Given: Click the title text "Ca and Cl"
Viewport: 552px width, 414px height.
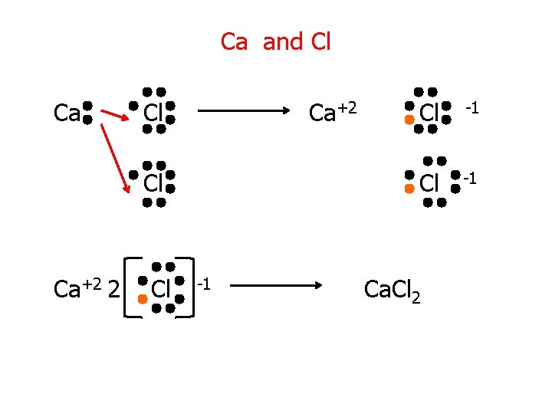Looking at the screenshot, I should point(275,41).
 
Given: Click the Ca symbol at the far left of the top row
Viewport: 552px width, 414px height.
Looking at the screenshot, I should point(67,113).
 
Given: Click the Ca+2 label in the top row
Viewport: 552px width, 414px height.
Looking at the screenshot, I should point(332,113).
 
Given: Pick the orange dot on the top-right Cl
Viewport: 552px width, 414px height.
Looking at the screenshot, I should point(409,120).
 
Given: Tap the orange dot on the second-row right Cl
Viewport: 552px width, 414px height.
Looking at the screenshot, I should point(409,188).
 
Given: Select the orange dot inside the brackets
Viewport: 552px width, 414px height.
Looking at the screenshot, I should point(142,299).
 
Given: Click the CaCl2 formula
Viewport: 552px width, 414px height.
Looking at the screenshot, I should point(392,290).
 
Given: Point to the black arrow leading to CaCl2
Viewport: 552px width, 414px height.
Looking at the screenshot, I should point(278,286).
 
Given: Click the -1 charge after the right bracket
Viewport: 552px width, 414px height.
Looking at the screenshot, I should point(203,284).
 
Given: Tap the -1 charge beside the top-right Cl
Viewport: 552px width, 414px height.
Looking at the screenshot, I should point(472,108).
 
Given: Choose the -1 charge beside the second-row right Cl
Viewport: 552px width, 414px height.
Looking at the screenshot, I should point(470,179).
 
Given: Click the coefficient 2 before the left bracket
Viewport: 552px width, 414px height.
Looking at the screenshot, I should point(113,290).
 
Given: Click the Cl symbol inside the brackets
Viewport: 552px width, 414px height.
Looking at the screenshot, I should point(159,290).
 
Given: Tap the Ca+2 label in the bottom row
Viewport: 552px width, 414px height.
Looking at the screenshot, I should point(77,289).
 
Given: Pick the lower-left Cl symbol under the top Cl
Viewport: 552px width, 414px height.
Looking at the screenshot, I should point(153,183).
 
